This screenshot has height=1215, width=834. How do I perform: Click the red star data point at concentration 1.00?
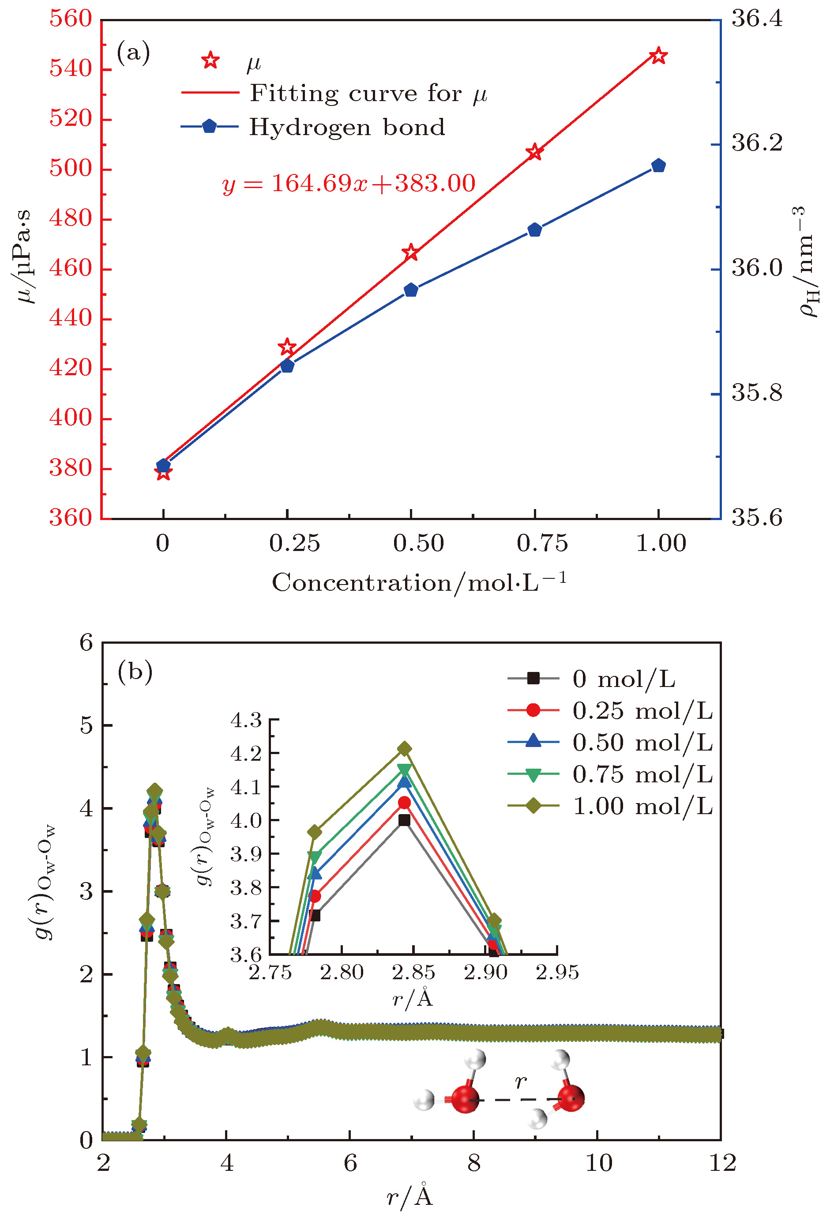point(658,56)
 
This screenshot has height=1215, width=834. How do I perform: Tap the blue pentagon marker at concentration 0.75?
point(534,230)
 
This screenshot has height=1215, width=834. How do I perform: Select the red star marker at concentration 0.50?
point(411,253)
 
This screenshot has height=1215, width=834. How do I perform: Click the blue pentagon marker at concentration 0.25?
point(287,366)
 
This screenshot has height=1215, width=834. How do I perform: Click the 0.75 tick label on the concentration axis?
point(542,544)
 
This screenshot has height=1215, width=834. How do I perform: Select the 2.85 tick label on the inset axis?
point(413,973)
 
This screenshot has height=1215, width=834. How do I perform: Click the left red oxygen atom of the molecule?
point(465,1098)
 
